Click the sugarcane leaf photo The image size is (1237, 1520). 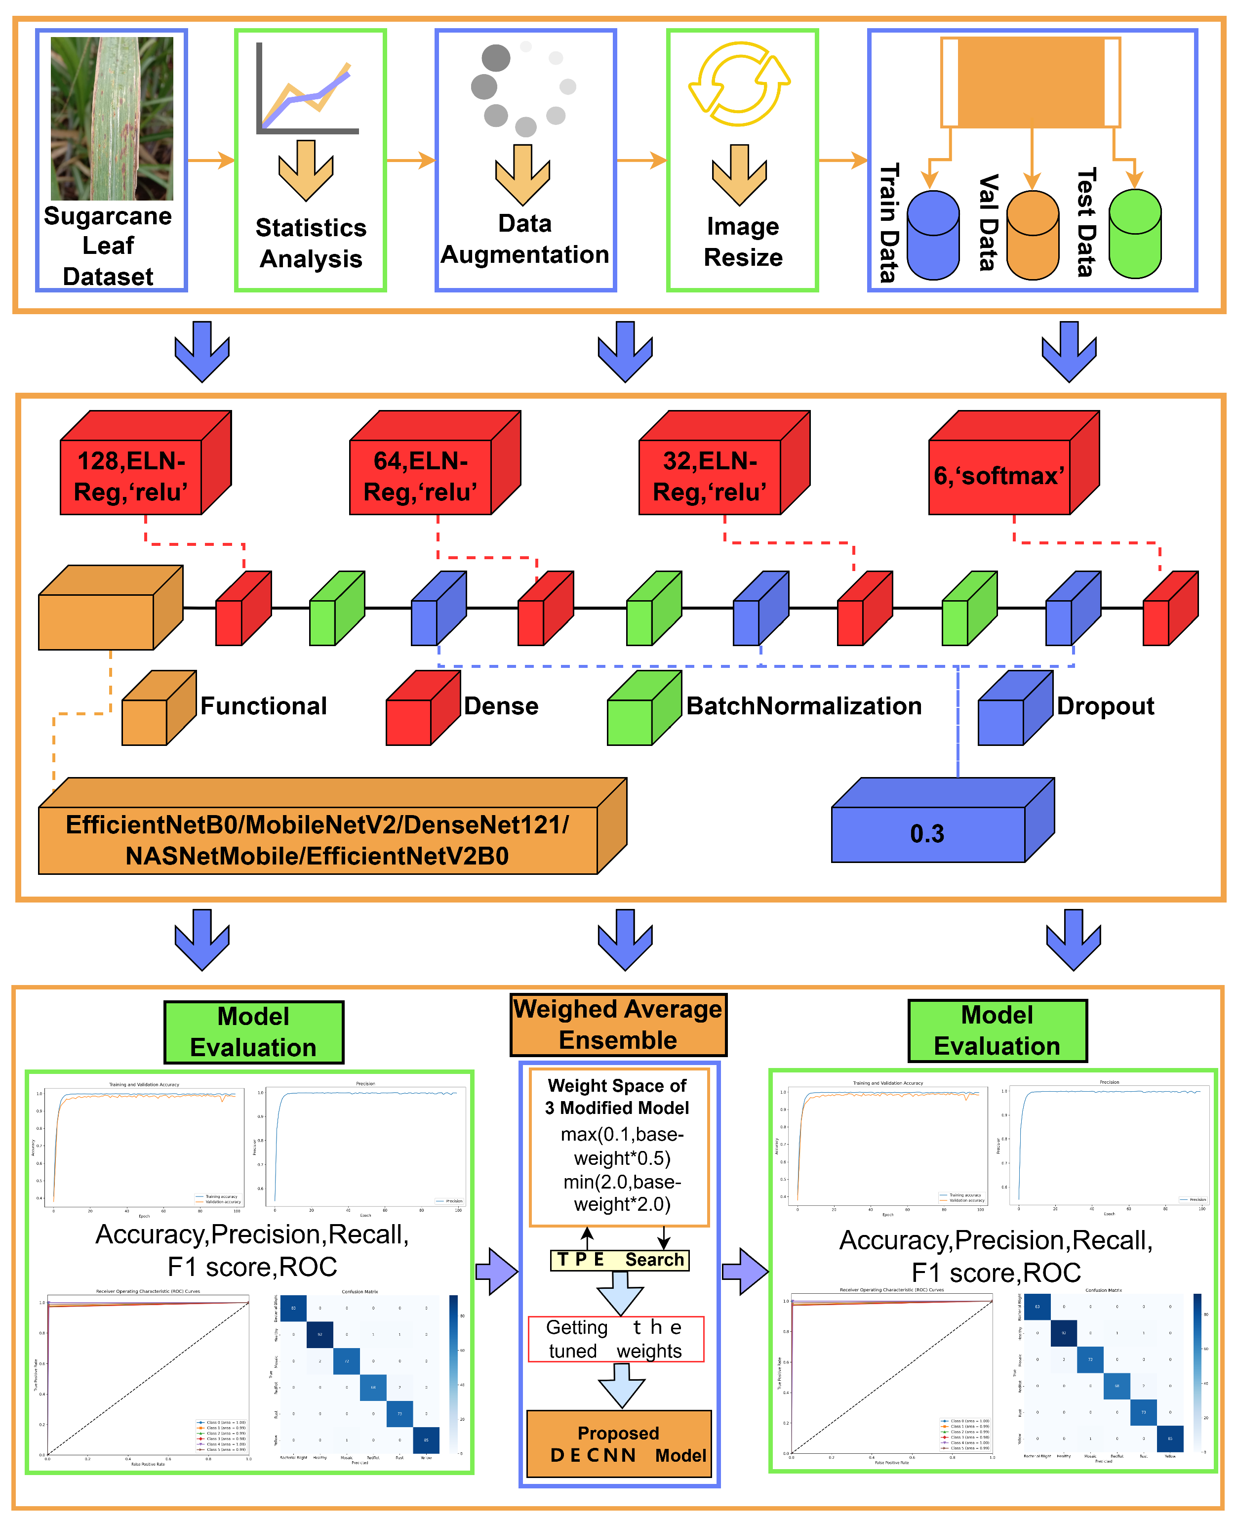[x=112, y=118]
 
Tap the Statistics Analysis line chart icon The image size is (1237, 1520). [x=307, y=89]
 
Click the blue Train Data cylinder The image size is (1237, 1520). [x=933, y=235]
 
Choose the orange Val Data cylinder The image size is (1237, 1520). [x=1033, y=235]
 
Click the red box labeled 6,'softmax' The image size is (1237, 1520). [x=999, y=476]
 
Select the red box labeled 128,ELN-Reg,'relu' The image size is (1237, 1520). [x=131, y=476]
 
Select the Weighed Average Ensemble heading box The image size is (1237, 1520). [x=618, y=1025]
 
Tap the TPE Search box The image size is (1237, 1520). [x=619, y=1260]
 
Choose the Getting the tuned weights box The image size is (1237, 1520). [x=616, y=1339]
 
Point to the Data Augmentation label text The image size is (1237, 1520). [x=525, y=239]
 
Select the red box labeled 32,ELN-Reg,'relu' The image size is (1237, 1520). [x=710, y=476]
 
